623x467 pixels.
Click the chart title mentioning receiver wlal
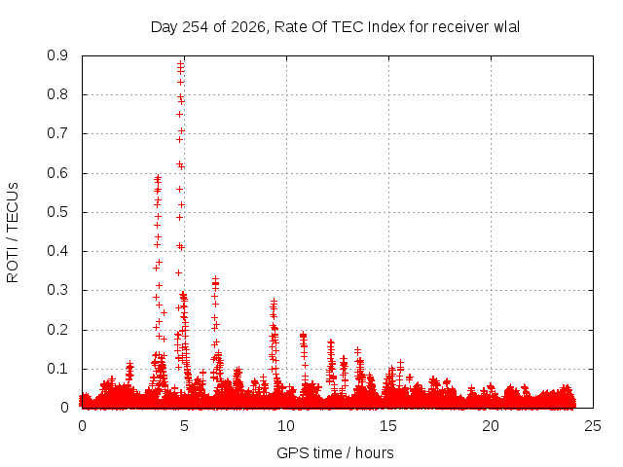point(335,27)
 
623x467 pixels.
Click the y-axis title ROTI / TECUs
point(13,233)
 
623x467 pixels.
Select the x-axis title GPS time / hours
point(335,452)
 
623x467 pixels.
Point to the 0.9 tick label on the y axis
point(57,55)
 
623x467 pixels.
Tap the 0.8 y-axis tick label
point(57,94)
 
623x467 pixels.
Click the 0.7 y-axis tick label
point(57,133)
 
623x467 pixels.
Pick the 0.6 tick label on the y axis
point(57,173)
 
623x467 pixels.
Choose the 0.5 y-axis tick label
point(57,212)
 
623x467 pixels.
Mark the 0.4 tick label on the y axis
point(57,251)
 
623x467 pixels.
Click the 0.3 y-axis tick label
point(57,290)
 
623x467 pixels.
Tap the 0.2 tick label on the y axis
point(57,329)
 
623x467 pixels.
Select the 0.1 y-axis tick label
point(57,369)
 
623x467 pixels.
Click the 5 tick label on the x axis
point(184,426)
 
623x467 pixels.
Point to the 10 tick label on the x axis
point(286,426)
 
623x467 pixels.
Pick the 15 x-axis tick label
point(388,426)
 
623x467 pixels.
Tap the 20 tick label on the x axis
point(491,426)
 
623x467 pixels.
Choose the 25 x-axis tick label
point(593,426)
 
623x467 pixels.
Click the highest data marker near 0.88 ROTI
point(180,63)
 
